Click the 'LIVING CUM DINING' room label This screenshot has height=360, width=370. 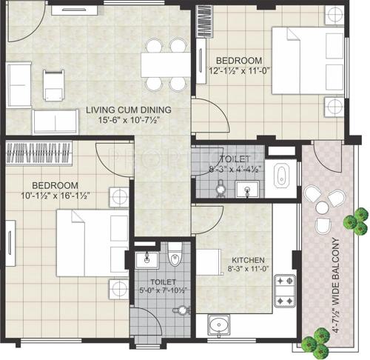[128, 110]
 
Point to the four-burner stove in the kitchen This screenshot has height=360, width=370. [284, 291]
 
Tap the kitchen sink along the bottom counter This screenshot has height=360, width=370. [219, 324]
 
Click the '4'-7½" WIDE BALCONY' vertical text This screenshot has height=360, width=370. [335, 286]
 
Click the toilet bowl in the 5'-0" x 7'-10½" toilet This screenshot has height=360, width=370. [175, 257]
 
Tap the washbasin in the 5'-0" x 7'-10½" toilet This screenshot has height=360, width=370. [145, 260]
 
